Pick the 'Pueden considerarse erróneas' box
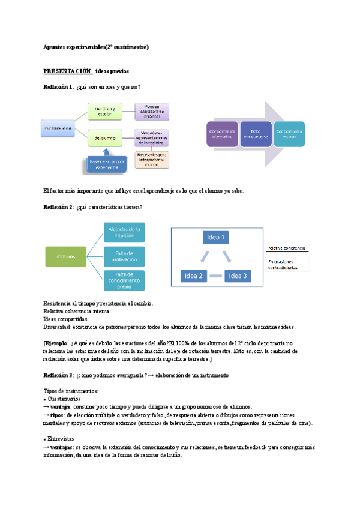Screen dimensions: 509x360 click(x=152, y=111)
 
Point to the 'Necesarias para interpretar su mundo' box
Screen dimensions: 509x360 click(x=152, y=159)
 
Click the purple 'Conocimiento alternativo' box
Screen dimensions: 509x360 click(x=221, y=134)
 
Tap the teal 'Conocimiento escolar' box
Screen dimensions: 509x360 click(x=290, y=134)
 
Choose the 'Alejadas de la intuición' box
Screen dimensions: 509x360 click(x=124, y=232)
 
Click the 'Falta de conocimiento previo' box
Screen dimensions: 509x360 click(x=124, y=279)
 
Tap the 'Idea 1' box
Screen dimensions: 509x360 click(x=216, y=238)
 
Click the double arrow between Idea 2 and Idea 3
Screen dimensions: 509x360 click(x=215, y=277)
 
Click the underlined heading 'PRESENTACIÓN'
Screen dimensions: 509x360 click(x=67, y=71)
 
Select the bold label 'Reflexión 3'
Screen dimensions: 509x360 click(x=58, y=375)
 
